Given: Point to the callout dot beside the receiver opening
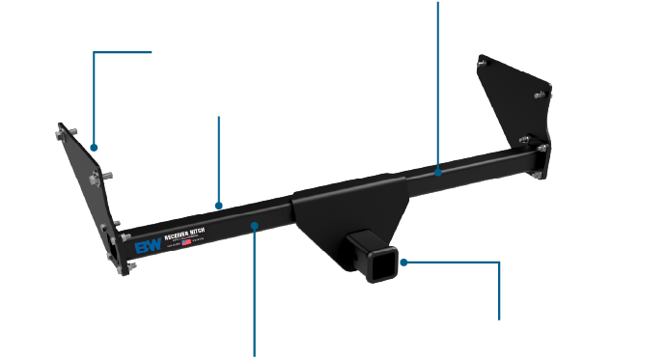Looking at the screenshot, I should click(404, 261).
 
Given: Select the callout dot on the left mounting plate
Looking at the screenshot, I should click(94, 148).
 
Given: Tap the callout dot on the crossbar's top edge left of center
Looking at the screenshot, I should click(219, 205).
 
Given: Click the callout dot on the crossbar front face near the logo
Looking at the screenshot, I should click(255, 226).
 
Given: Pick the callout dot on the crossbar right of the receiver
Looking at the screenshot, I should click(437, 174).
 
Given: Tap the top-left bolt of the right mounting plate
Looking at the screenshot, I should click(484, 61).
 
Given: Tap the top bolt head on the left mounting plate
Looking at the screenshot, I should click(64, 129).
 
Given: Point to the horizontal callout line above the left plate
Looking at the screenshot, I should click(123, 53).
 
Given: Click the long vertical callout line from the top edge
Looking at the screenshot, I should click(437, 77).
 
